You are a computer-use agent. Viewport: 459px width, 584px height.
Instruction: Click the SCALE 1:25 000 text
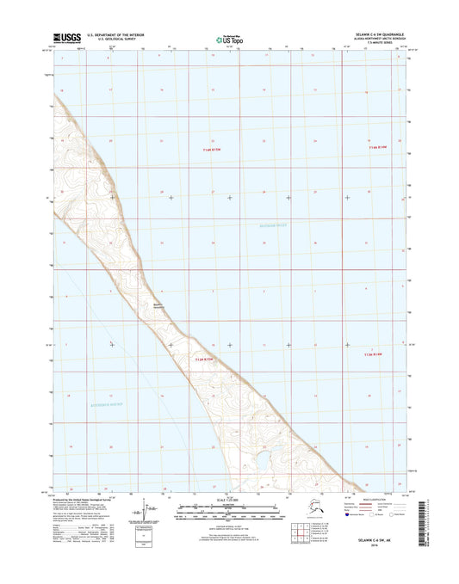[229, 500]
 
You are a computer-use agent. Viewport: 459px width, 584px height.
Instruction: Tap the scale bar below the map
[229, 513]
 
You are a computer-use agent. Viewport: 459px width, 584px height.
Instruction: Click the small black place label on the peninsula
[159, 304]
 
